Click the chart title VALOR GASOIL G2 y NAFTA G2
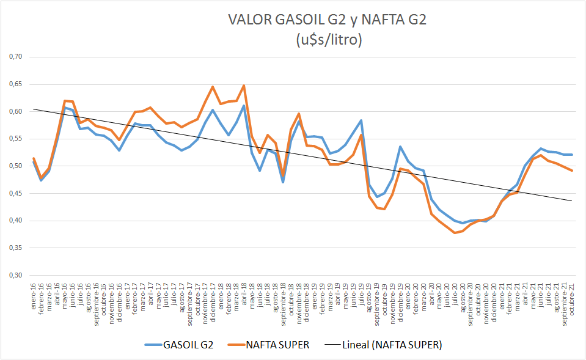click(327, 20)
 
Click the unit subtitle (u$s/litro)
click(327, 40)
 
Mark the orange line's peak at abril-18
click(244, 86)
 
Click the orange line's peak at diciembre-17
click(213, 87)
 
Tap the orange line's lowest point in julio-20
click(455, 233)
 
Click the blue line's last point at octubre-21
click(572, 155)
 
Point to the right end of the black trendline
click(572, 200)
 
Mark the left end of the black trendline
click(34, 109)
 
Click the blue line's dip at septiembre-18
click(283, 182)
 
